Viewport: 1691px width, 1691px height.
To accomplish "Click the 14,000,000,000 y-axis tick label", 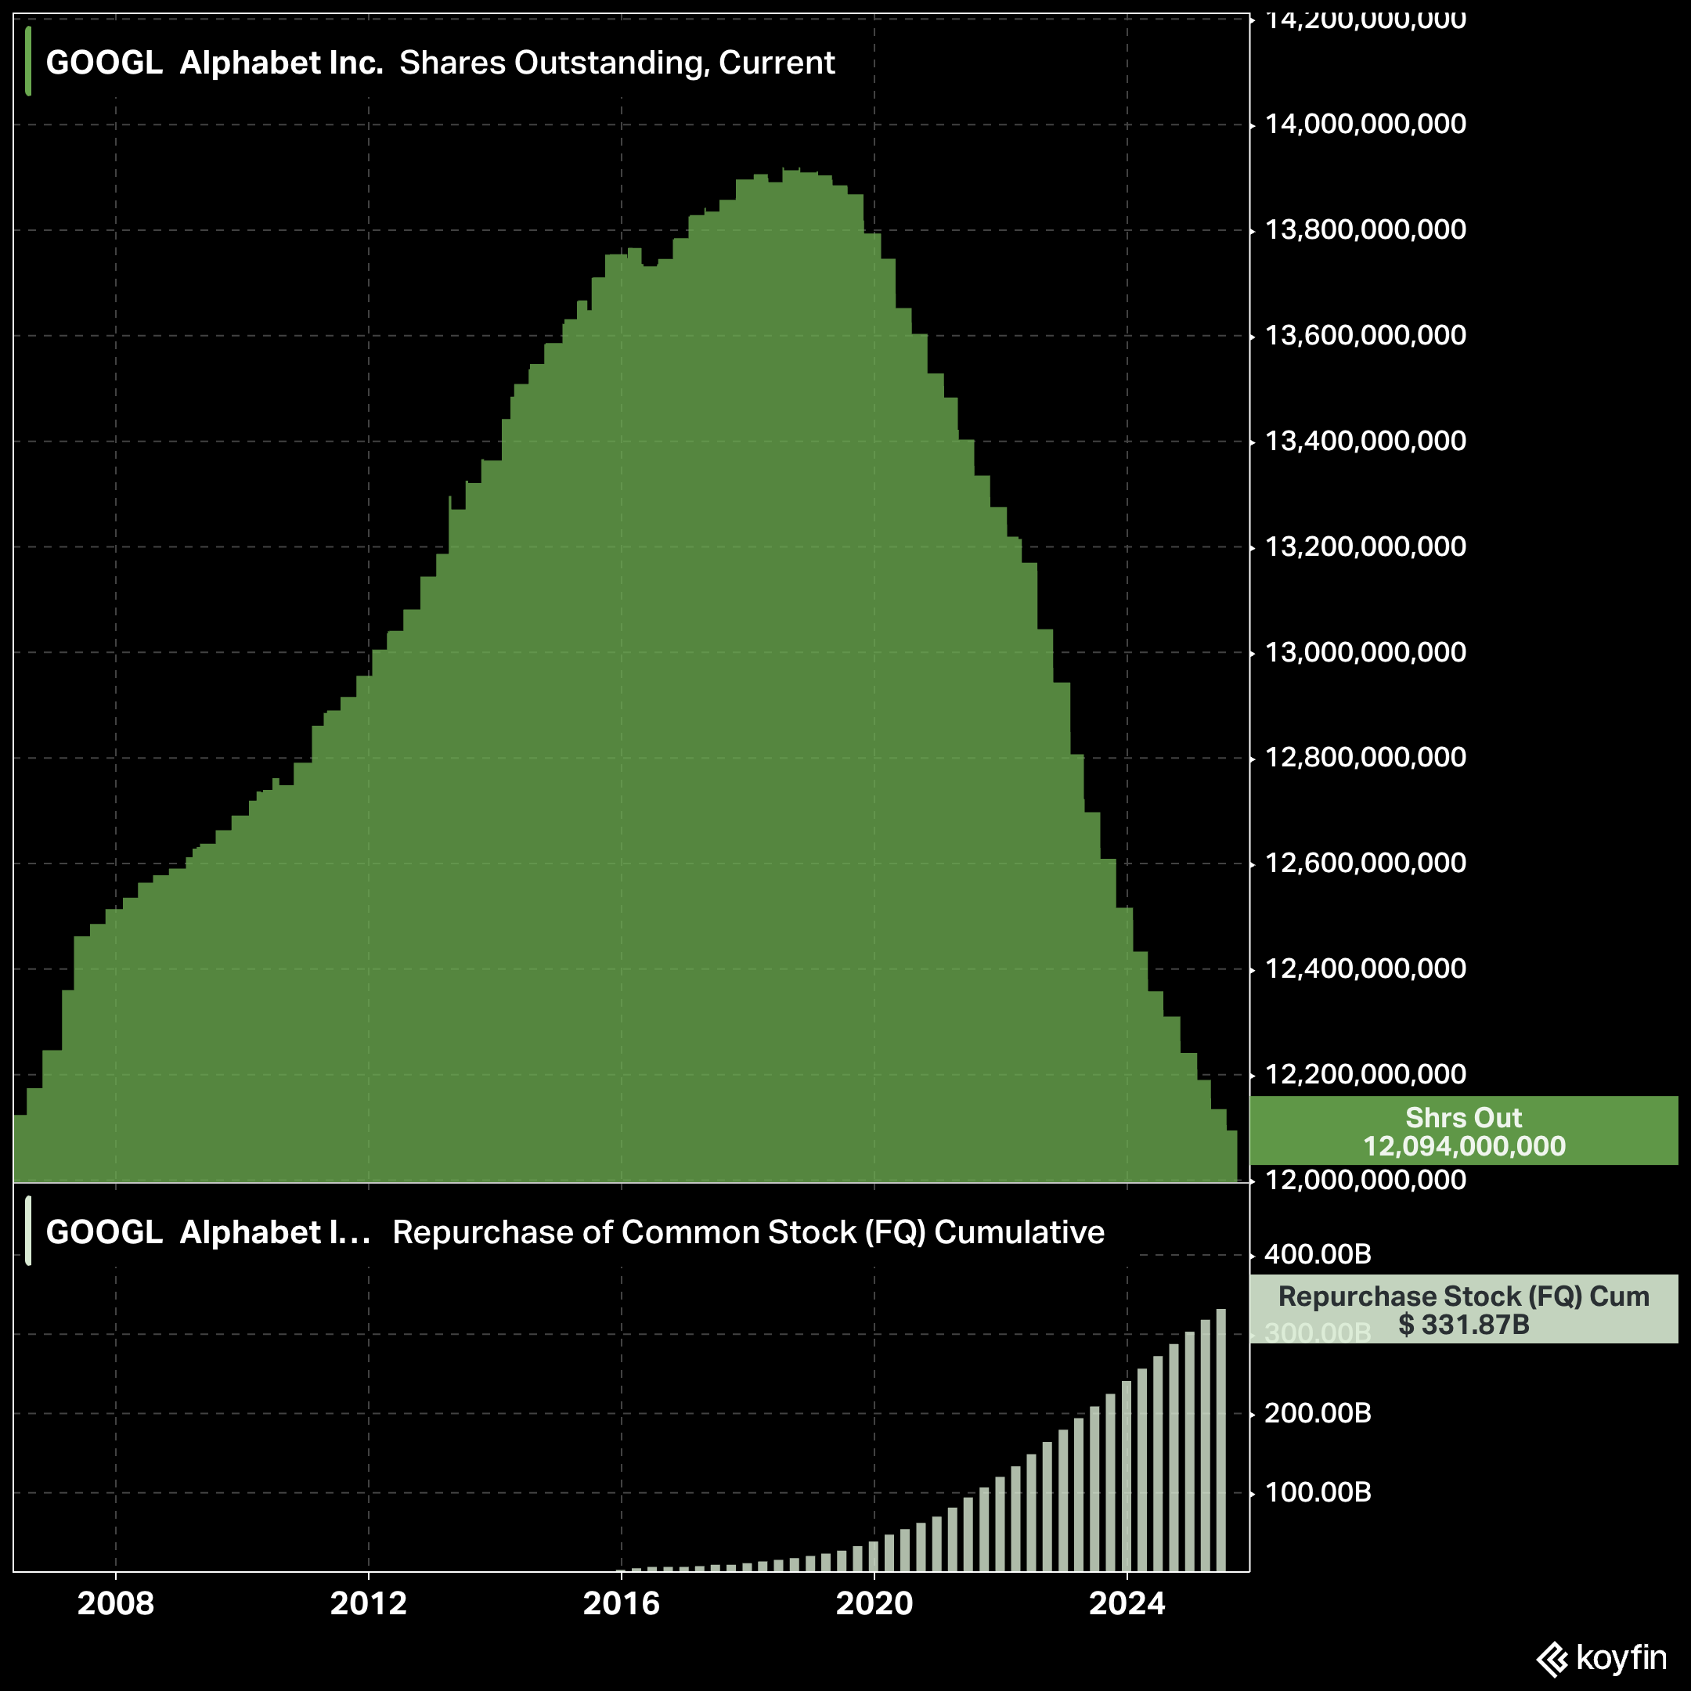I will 1365,124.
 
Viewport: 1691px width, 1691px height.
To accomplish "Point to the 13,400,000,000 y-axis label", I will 1365,441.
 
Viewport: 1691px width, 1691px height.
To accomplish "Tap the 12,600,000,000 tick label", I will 1365,863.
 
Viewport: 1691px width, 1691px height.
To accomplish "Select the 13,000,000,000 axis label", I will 1365,652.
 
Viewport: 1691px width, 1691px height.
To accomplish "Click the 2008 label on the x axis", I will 116,1603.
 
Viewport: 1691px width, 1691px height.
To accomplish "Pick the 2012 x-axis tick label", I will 369,1603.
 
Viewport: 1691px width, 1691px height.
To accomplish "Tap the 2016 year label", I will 622,1603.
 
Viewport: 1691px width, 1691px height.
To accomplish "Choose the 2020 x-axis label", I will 874,1603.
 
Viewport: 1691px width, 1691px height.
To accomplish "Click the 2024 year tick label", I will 1127,1603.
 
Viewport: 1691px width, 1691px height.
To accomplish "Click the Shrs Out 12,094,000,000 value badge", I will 1463,1130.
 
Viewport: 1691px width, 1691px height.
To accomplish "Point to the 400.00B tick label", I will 1318,1254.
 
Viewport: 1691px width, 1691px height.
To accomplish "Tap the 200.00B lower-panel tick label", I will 1318,1412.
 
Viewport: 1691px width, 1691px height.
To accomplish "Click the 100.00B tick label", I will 1318,1492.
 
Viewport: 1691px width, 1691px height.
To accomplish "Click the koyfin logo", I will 1601,1658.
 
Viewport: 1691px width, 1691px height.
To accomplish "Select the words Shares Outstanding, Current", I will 617,63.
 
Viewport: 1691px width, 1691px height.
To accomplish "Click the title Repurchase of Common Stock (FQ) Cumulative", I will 748,1232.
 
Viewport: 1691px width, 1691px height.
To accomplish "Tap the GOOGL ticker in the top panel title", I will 104,63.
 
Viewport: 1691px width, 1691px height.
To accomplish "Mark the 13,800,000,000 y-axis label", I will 1365,230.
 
